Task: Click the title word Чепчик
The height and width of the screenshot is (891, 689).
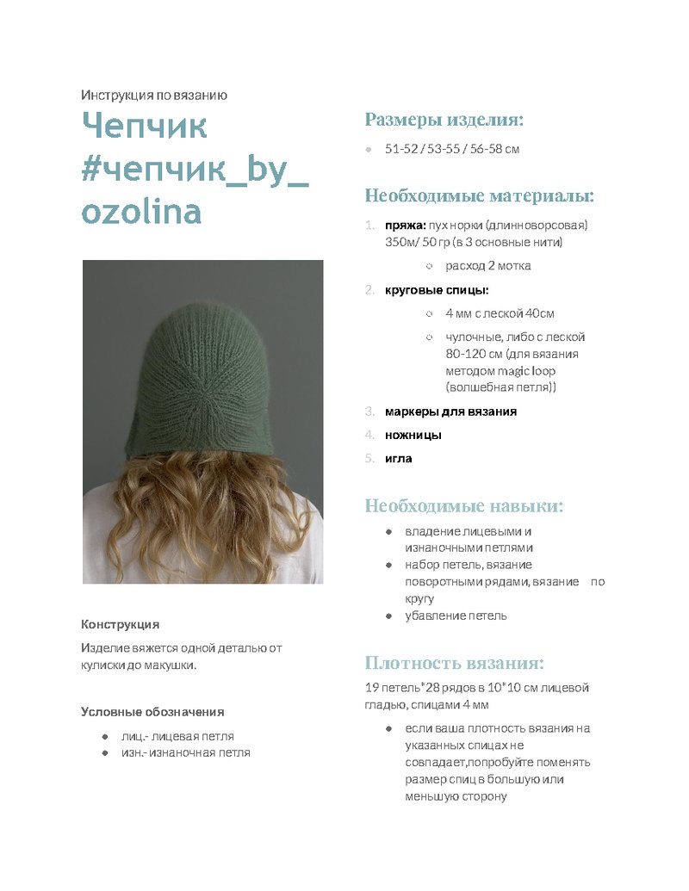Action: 144,127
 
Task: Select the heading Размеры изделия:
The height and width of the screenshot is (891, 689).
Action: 444,120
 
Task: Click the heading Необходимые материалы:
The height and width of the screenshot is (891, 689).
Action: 480,196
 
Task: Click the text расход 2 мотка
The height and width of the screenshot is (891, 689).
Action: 488,266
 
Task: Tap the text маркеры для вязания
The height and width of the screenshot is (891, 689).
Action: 450,411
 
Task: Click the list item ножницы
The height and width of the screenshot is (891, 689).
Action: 413,435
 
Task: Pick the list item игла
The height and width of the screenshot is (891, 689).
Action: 399,458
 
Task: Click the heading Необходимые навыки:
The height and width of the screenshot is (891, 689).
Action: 464,506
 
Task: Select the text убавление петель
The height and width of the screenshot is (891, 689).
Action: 456,616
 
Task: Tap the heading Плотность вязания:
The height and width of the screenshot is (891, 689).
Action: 454,664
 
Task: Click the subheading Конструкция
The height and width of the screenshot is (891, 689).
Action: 120,624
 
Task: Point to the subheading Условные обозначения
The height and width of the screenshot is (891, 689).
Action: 152,712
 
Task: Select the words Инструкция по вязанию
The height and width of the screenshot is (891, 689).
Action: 154,96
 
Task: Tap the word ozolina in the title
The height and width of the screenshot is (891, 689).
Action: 141,211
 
